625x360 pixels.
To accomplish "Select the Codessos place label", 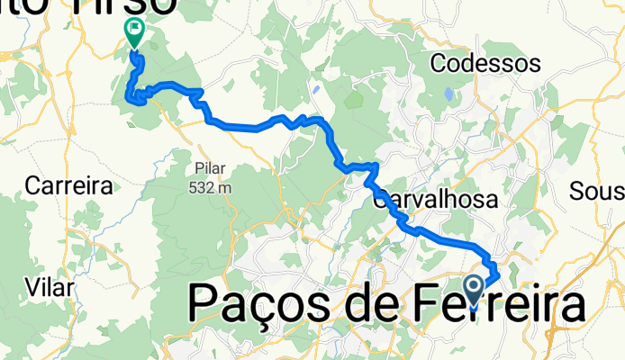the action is point(485,64).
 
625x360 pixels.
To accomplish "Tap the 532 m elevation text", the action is point(212,187).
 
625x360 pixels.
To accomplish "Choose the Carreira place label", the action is point(68,186).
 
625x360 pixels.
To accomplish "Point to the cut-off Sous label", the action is point(598,192).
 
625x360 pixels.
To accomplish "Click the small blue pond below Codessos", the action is point(448,94).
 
